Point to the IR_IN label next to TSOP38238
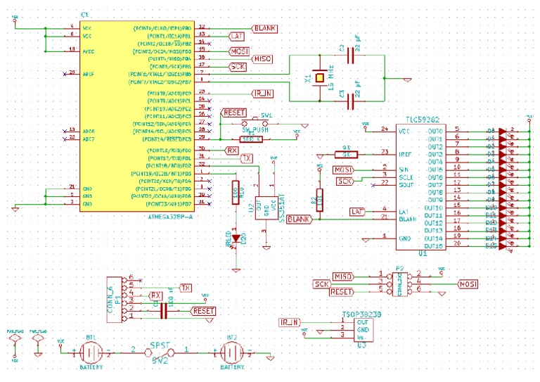(289, 322)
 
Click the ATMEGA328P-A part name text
(170, 217)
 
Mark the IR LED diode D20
(236, 239)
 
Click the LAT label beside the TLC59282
(356, 212)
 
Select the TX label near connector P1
(186, 288)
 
